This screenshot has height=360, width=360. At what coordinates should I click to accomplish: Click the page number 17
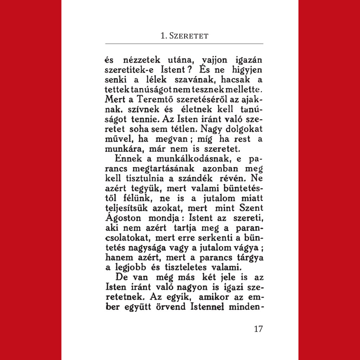258,329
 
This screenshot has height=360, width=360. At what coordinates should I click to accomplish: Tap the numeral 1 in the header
162,36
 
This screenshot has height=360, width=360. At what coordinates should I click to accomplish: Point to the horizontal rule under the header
184,44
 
